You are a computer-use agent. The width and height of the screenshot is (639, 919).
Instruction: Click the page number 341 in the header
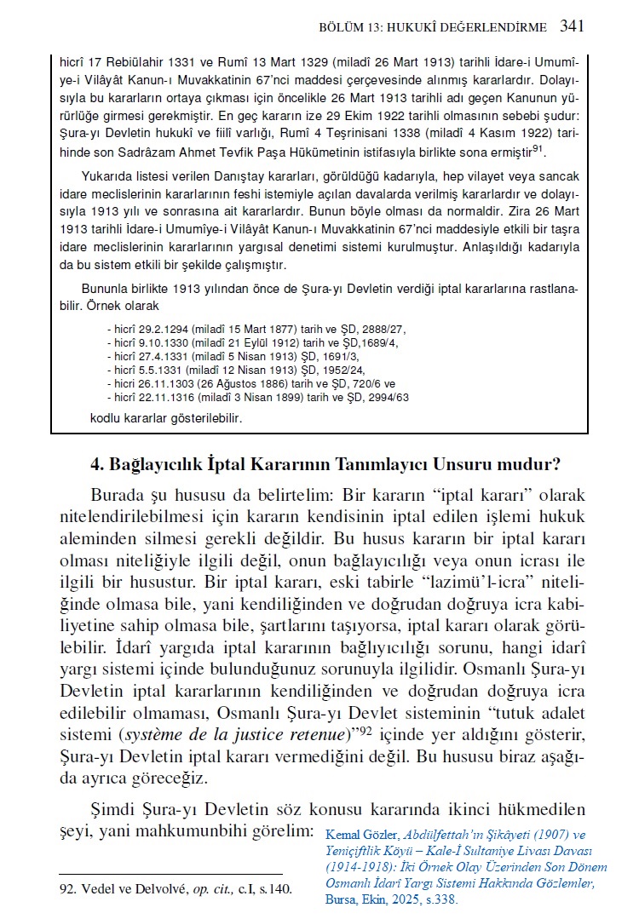pyautogui.click(x=572, y=26)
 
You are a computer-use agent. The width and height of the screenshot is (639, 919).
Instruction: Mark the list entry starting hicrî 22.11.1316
pyautogui.click(x=257, y=397)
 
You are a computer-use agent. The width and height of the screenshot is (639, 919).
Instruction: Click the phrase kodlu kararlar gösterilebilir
pyautogui.click(x=166, y=418)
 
